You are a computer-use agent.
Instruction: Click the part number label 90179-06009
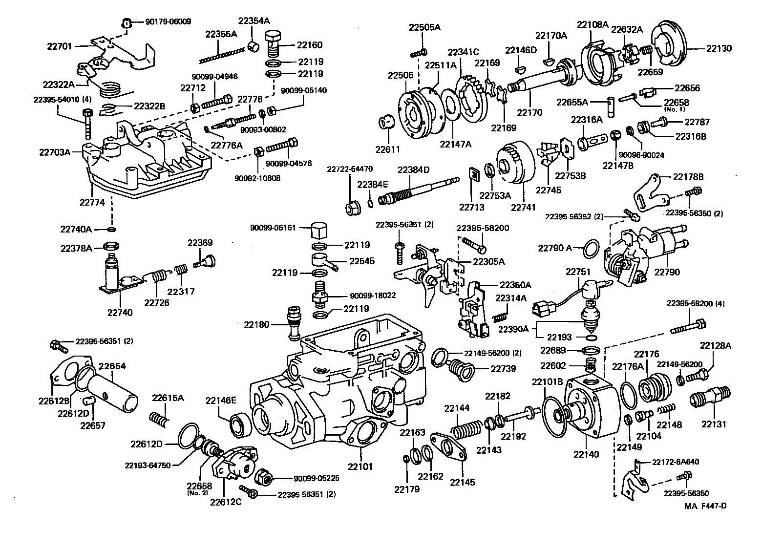[x=168, y=21]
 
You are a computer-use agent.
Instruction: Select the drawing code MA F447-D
[x=705, y=506]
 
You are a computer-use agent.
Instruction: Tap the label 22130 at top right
[x=719, y=48]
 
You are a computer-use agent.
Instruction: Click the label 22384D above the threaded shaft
[x=413, y=170]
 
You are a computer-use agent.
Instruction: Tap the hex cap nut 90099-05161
[x=318, y=229]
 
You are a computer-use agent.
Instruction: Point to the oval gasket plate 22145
[x=446, y=448]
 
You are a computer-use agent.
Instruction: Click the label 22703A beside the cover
[x=55, y=152]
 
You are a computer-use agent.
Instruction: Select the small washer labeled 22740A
[x=112, y=229]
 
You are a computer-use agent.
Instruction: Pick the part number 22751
[x=578, y=272]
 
